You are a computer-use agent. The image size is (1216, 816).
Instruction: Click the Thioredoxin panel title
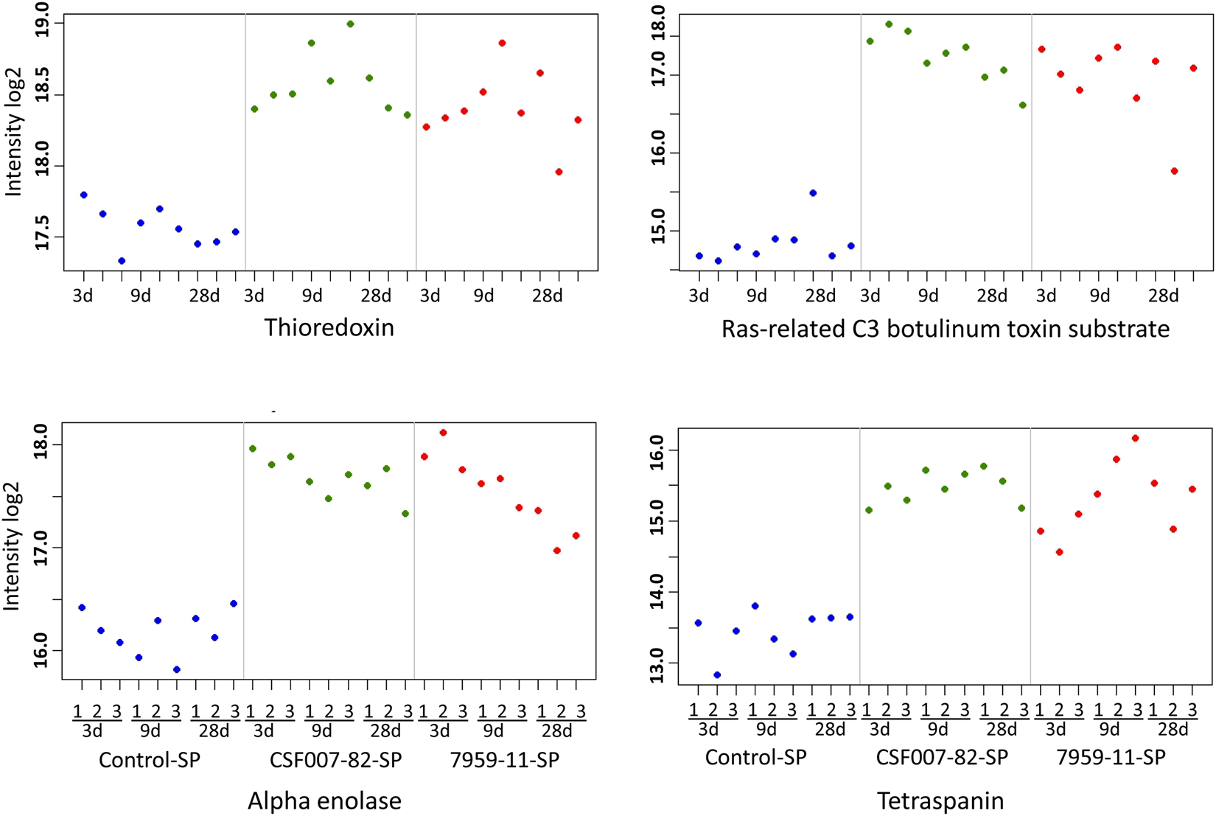point(329,327)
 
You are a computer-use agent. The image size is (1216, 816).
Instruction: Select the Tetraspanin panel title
point(940,801)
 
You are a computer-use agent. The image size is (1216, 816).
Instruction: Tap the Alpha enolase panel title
point(324,801)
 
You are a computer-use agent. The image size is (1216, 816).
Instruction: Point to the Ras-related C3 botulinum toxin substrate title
point(945,329)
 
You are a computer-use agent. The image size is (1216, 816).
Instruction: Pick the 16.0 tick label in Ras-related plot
point(659,153)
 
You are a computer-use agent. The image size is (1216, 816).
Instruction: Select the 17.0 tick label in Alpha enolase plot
point(42,548)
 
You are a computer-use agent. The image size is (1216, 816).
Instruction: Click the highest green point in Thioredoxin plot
point(350,24)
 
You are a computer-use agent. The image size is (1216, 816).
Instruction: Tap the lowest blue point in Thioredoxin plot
point(122,261)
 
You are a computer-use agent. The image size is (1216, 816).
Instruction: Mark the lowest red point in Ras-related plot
point(1175,171)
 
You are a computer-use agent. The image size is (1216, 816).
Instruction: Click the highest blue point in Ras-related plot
point(813,193)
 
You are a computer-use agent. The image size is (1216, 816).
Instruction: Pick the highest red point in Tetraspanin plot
point(1135,439)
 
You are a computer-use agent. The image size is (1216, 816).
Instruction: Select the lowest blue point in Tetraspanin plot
point(717,675)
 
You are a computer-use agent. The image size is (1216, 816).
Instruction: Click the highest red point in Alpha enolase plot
point(443,433)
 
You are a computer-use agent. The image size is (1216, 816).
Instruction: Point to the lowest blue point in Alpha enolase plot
point(177,669)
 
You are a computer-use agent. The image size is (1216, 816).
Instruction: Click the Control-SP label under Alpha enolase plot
point(150,760)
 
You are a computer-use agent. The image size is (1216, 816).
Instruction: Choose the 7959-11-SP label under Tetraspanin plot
point(1111,758)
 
